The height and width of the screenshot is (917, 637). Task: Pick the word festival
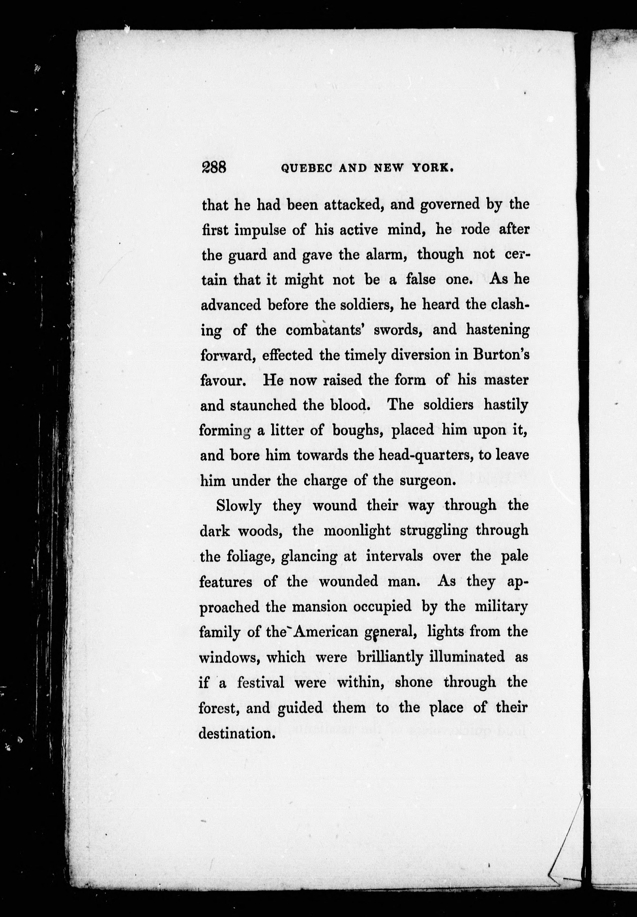(261, 683)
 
